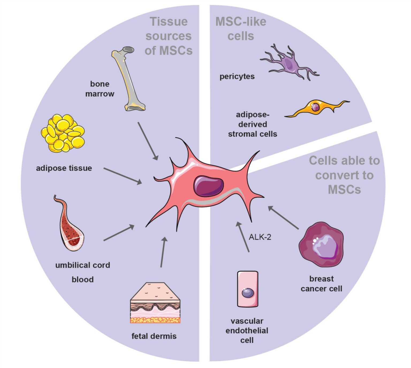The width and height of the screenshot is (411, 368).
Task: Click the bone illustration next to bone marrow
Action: click(128, 80)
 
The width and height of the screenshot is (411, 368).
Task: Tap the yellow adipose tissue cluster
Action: click(63, 133)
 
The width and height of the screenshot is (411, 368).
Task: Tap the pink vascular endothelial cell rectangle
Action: click(248, 289)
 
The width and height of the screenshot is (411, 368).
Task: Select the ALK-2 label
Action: click(260, 237)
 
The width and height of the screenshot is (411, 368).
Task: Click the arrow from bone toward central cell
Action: click(148, 141)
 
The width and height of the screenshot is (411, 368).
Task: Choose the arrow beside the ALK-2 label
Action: click(243, 237)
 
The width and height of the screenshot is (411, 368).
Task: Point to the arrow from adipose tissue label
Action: click(123, 176)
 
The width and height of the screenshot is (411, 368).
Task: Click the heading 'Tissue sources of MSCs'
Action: click(169, 36)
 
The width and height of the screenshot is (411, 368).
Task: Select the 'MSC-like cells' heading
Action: click(241, 29)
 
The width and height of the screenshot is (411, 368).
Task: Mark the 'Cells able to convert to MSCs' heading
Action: click(344, 175)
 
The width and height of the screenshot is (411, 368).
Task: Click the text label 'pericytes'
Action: click(237, 77)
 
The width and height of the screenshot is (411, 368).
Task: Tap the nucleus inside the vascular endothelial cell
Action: click(248, 293)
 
